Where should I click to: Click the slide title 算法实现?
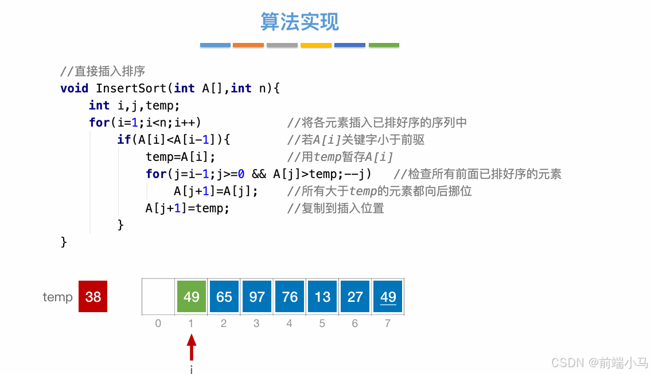(299, 22)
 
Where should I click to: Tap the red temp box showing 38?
(93, 297)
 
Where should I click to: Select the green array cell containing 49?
(192, 297)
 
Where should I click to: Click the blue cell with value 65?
(224, 297)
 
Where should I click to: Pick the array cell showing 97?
(257, 297)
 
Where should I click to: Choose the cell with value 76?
(290, 297)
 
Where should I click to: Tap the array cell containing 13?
(322, 297)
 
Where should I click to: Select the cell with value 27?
(355, 297)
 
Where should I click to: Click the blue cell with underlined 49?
(388, 297)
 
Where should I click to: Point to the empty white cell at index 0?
(158, 297)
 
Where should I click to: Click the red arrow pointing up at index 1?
(192, 347)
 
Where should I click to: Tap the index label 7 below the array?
(388, 324)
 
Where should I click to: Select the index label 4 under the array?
(289, 324)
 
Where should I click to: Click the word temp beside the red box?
(57, 297)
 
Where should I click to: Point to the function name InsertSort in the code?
(131, 88)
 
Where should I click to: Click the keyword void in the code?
(74, 88)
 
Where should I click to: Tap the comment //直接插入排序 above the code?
(103, 72)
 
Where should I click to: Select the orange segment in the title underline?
(248, 45)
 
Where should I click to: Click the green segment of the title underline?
(384, 45)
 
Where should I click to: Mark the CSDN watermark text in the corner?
(599, 363)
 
